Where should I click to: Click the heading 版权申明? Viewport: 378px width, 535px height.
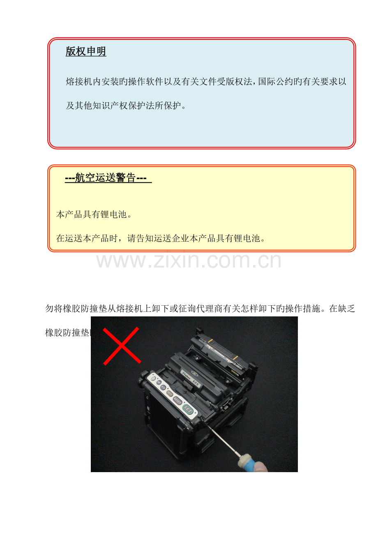point(86,51)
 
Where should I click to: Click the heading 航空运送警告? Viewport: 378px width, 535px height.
point(106,178)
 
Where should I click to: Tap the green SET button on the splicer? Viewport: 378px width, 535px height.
point(188,409)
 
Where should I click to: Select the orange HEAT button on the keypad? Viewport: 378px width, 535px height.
point(170,393)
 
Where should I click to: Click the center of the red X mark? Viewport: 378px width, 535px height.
point(122,346)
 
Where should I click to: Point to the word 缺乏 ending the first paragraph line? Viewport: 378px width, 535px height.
point(346,309)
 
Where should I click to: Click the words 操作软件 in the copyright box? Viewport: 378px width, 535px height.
point(142,82)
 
